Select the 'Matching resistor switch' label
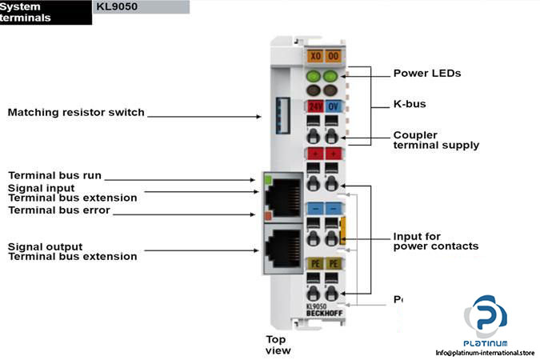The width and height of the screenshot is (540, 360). point(76,113)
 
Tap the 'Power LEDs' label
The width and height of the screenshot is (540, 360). point(427,74)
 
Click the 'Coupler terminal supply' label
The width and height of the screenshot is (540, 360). point(436,140)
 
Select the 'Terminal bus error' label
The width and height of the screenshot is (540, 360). point(59,210)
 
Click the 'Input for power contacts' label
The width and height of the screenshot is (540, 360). point(435,241)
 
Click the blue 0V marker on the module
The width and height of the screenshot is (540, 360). point(333,106)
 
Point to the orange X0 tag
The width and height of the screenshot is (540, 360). point(314,57)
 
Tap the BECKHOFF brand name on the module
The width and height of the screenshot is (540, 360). point(322,314)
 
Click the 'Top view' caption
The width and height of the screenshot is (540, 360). point(278,344)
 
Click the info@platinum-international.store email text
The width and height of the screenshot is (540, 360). point(484,352)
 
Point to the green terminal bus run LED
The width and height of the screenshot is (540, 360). point(266,179)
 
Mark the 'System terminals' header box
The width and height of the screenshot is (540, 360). point(45,12)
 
